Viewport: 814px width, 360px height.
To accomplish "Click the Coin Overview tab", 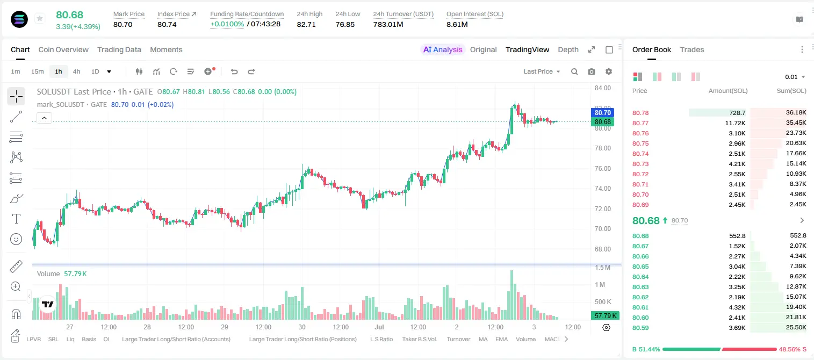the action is tap(63, 49).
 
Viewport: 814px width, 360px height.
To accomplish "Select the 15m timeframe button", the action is tap(37, 71).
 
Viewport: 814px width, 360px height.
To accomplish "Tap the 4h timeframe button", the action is tap(76, 71).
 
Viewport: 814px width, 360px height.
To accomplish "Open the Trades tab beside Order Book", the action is tap(692, 49).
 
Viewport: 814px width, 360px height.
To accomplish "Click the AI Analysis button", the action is tap(443, 49).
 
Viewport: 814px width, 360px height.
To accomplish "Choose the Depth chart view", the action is tap(568, 49).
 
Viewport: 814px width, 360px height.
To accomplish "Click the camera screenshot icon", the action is tap(592, 71).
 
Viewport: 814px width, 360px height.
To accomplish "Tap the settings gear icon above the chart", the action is tap(609, 71).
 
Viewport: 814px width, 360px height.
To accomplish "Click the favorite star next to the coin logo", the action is tap(40, 18).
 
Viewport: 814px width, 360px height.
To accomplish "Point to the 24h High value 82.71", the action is tap(306, 24).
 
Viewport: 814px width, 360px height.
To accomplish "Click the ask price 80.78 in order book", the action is tap(640, 113).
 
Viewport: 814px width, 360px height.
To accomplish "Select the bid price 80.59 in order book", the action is tap(640, 328).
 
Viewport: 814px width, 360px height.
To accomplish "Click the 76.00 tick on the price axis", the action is tap(603, 169).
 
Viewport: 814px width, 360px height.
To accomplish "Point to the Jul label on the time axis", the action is tap(379, 327).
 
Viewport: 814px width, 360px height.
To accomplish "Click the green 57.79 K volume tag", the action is tap(605, 316).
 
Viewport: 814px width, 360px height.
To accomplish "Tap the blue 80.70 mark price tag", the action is tap(602, 113).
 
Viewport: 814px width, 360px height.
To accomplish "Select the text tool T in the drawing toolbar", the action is tap(16, 219).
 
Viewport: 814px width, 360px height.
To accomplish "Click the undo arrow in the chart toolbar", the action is tap(234, 71).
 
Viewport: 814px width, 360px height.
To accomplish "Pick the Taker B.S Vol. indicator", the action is tap(419, 339).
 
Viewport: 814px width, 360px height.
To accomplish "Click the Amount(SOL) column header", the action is tap(728, 91).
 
